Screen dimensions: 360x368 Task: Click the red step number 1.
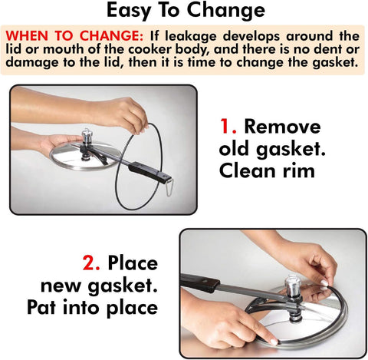(x=227, y=127)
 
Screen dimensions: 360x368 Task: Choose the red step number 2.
(x=92, y=264)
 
